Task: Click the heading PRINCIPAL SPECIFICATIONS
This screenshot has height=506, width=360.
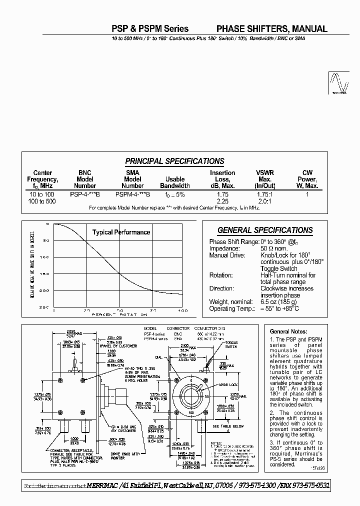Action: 174,161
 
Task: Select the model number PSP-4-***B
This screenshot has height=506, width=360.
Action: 84,194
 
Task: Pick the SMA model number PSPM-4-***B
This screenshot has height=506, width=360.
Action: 132,194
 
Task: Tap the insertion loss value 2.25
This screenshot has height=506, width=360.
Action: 222,201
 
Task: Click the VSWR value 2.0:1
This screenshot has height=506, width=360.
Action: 264,201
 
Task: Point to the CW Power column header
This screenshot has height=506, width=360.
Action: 307,179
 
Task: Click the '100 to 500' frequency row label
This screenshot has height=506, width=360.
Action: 42,201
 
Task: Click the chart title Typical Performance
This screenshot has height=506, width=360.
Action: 121,232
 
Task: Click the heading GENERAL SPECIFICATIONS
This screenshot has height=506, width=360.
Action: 265,230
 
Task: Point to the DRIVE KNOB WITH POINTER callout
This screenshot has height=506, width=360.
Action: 124,455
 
